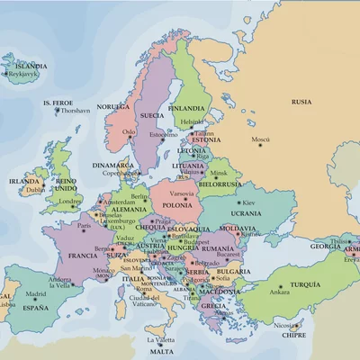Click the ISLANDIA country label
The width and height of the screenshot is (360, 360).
point(31,66)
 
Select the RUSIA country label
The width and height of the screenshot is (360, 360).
point(301,102)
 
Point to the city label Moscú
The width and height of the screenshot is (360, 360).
point(261,140)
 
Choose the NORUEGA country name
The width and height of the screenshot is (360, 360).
point(113,106)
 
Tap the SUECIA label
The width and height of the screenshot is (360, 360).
point(150,116)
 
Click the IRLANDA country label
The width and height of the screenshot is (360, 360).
point(24,180)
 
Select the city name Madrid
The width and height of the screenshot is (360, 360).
point(36,293)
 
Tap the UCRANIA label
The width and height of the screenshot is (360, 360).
point(246,213)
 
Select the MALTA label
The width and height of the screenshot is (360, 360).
point(161,352)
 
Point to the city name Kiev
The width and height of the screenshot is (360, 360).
point(250,202)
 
